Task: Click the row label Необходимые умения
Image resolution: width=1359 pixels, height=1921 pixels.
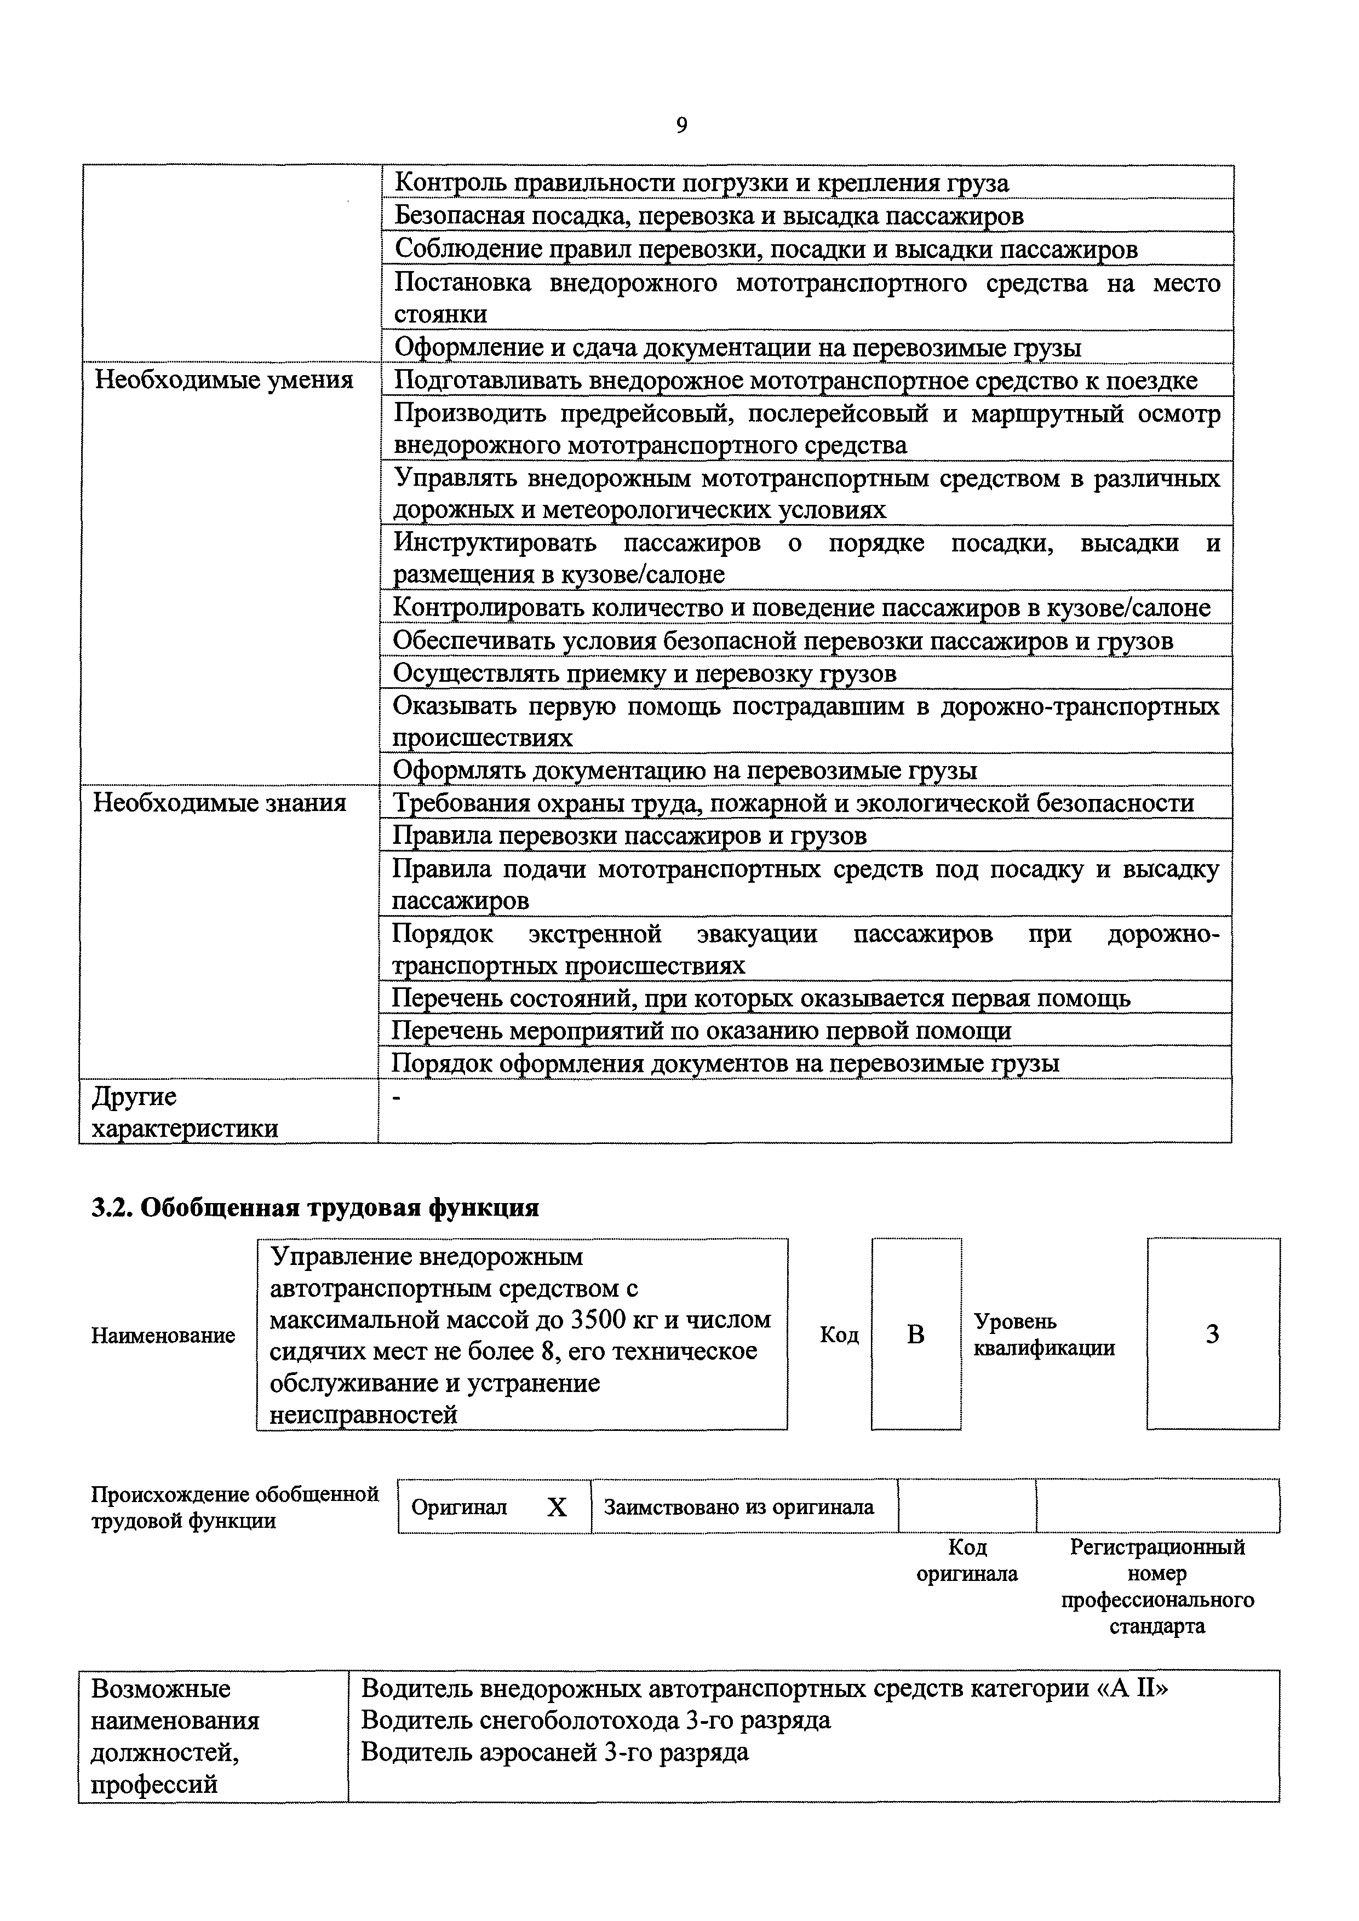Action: pos(223,381)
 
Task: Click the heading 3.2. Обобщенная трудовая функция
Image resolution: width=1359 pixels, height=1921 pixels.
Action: pos(314,1207)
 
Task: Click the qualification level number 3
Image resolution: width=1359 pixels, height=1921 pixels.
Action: pos(1212,1335)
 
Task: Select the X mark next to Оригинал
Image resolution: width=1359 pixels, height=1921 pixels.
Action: pos(557,1507)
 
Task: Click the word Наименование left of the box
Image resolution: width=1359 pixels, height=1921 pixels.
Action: pos(163,1335)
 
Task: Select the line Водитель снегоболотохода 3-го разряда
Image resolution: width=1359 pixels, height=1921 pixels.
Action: pos(595,1720)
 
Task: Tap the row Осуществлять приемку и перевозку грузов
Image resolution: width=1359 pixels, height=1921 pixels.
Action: pos(644,674)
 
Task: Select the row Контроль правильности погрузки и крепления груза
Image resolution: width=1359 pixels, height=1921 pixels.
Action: pos(701,182)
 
